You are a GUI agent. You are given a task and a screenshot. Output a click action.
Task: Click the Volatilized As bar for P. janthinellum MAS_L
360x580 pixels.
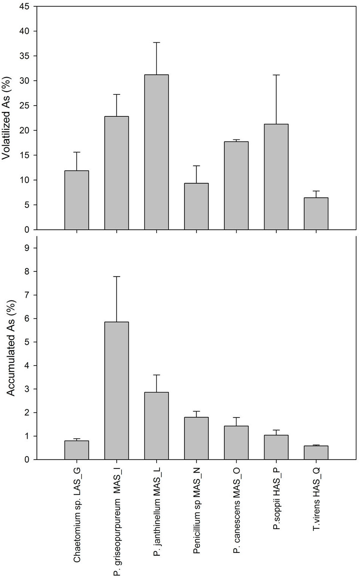(x=156, y=152)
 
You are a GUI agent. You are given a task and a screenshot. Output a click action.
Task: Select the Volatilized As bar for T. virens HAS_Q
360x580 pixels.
(x=316, y=214)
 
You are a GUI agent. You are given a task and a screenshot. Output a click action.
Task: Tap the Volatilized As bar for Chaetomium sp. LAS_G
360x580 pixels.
(x=77, y=200)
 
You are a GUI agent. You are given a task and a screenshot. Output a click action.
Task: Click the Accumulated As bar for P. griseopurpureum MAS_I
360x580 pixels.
(x=117, y=391)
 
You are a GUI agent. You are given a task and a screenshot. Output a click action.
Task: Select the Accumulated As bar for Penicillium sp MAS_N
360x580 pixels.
(x=196, y=438)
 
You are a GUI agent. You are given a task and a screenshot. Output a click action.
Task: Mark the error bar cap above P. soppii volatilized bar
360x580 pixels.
(x=276, y=75)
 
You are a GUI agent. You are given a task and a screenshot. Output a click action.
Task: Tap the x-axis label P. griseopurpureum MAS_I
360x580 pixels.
(x=117, y=526)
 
